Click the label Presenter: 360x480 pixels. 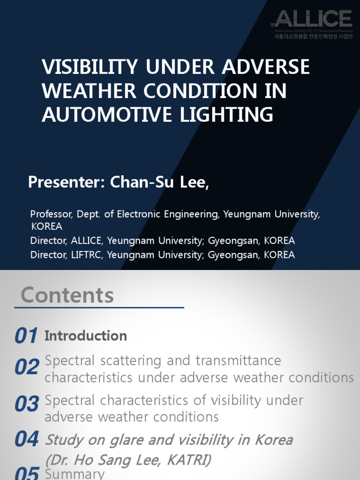(x=67, y=182)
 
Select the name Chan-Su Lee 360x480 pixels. (x=159, y=182)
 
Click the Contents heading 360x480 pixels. (x=67, y=295)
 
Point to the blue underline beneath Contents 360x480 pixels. (x=99, y=308)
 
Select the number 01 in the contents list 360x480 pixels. (x=26, y=336)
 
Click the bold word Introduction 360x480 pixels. (x=86, y=336)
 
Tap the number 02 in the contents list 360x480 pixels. (x=26, y=367)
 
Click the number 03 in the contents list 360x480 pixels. (x=26, y=404)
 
